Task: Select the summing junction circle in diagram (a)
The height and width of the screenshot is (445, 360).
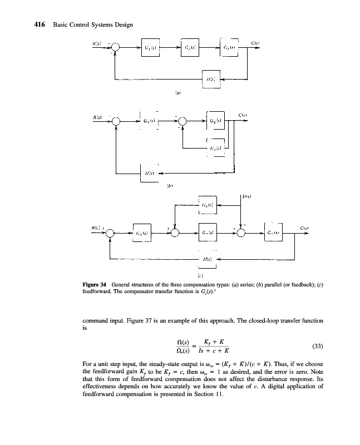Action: coord(115,48)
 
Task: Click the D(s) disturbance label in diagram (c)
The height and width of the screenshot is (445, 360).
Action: coord(248,196)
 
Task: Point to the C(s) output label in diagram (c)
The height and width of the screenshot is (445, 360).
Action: coord(304,228)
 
